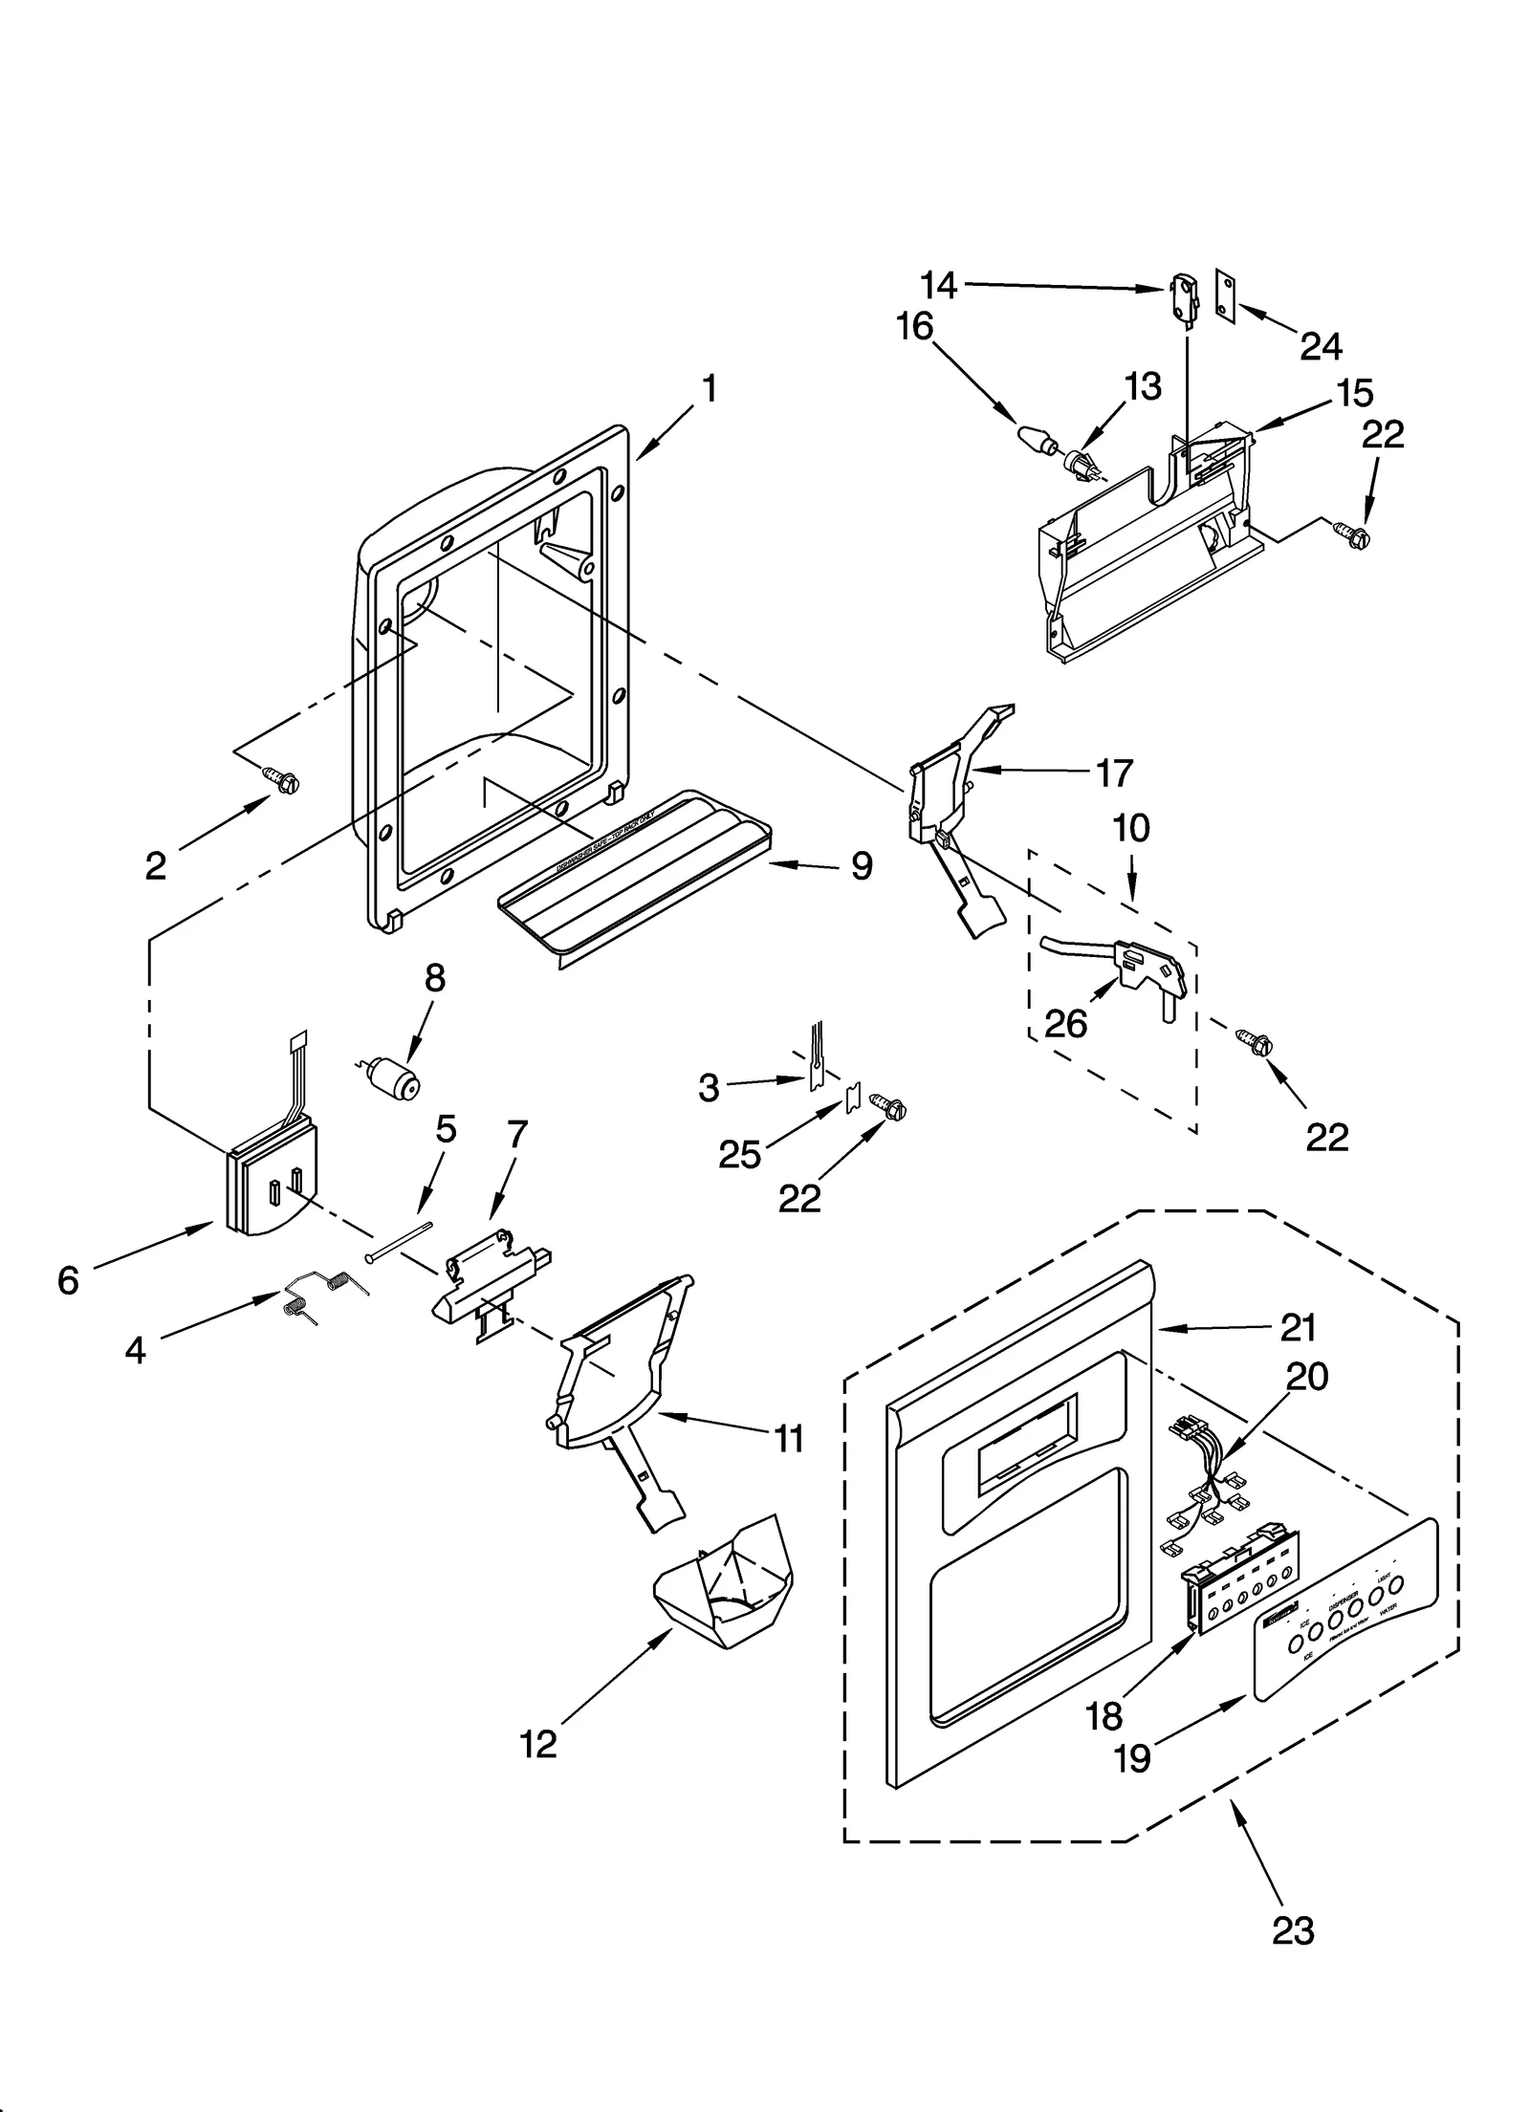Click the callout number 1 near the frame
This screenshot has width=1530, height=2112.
coord(709,389)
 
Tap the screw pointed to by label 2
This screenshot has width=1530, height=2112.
coord(283,780)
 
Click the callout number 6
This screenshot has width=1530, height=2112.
coord(68,1279)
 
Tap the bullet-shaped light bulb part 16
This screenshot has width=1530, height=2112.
coord(1036,439)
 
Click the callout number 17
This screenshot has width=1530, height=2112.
coord(1114,773)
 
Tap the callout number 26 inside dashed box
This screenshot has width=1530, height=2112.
coord(1066,1024)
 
